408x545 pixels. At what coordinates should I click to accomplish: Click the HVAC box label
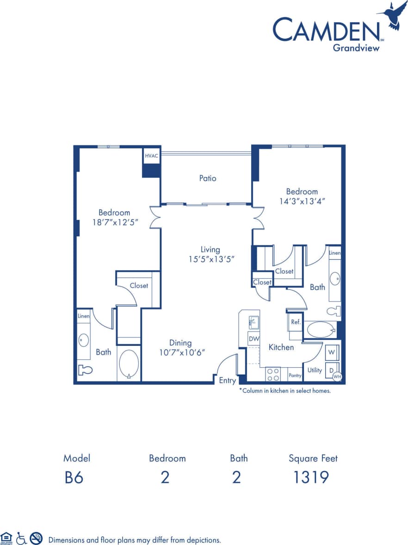pos(151,156)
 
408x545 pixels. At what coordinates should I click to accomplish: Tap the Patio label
pos(208,178)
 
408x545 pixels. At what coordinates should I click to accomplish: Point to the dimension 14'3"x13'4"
pos(302,201)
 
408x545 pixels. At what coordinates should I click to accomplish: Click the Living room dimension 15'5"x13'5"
pos(210,259)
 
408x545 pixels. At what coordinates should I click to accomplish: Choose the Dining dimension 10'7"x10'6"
pos(180,352)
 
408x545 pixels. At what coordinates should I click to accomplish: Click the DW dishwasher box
pos(253,338)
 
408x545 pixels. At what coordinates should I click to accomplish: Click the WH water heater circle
pos(338,377)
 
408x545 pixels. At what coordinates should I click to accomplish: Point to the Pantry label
pos(295,376)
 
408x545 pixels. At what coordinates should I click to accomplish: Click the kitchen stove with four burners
pos(273,374)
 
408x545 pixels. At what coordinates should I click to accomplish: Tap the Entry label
pos(227,381)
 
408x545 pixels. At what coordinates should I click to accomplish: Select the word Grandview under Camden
pos(356,47)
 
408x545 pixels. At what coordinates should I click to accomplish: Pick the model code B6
pos(74,477)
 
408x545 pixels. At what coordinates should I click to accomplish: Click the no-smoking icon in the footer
pos(36,538)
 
